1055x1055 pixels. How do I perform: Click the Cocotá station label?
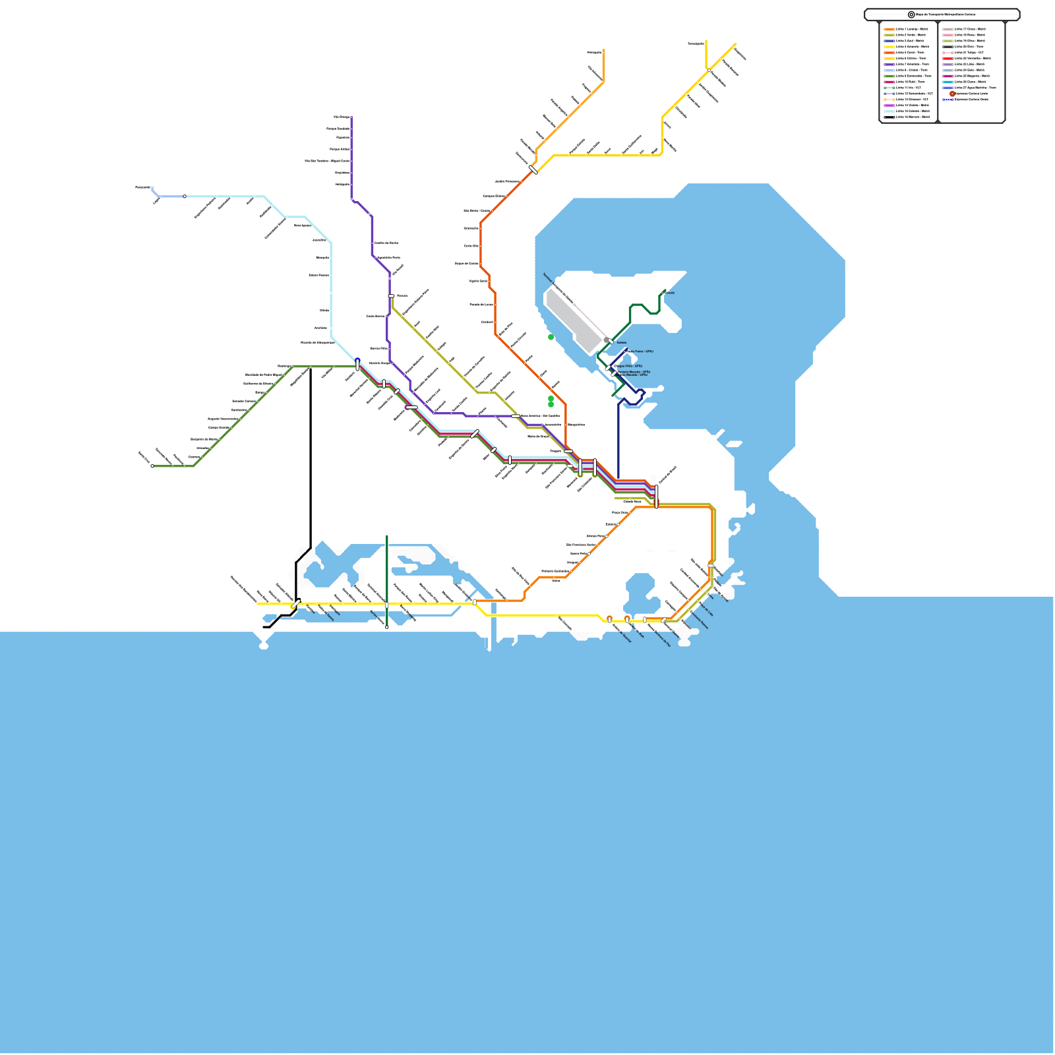[669, 293]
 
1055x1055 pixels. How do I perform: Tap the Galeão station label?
[621, 343]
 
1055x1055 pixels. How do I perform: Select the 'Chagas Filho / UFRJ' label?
[629, 366]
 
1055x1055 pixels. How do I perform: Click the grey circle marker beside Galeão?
[607, 340]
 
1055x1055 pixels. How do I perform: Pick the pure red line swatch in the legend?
[948, 59]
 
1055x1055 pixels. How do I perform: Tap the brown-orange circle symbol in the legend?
[952, 94]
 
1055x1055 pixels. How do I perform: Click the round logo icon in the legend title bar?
[911, 15]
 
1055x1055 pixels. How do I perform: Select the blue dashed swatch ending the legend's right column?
[948, 100]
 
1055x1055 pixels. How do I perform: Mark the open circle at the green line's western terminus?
[152, 466]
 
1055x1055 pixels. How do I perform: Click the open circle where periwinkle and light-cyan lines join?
[185, 196]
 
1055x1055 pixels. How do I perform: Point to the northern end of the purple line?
[351, 117]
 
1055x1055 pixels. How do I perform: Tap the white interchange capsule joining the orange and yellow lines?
[533, 170]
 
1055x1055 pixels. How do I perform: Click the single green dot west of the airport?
[551, 337]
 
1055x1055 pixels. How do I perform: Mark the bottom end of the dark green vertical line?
[387, 627]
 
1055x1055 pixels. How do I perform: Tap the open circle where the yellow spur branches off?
[709, 70]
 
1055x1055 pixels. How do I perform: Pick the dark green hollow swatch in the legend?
[889, 88]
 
